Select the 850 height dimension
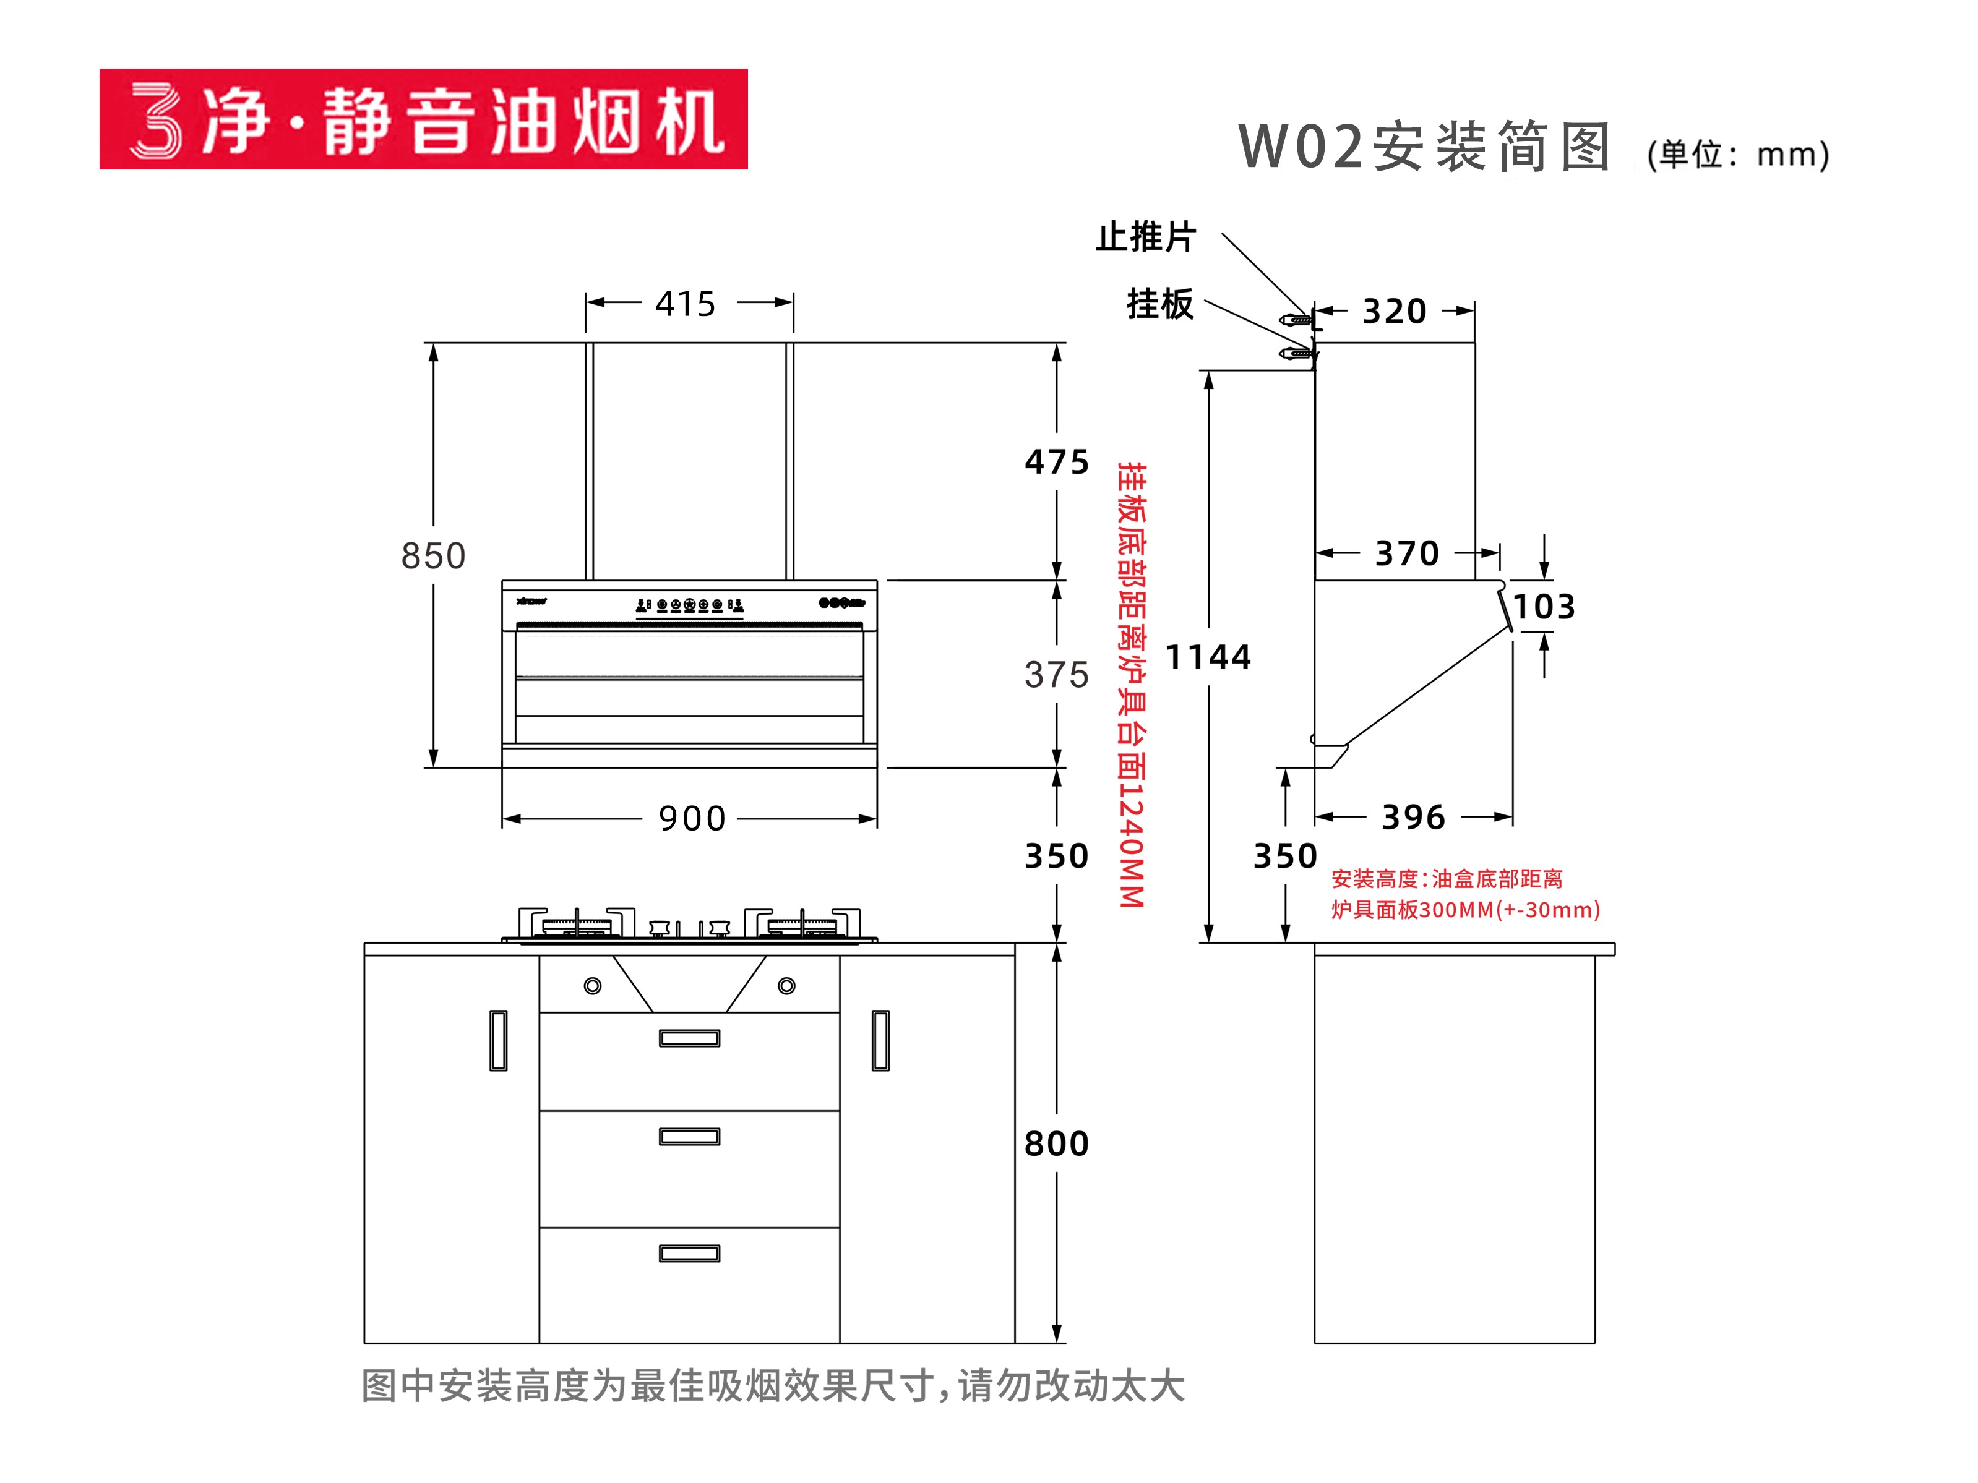point(434,555)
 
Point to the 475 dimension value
point(1057,462)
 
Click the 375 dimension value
point(1057,675)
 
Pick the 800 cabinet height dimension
point(1057,1143)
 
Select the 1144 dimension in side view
point(1208,657)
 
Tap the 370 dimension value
point(1406,553)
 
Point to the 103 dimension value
point(1544,607)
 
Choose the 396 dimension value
point(1413,817)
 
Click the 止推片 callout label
point(1145,237)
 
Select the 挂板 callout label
point(1160,304)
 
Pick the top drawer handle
point(689,1038)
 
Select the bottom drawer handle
point(689,1254)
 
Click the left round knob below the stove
point(592,986)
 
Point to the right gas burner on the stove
point(802,926)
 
